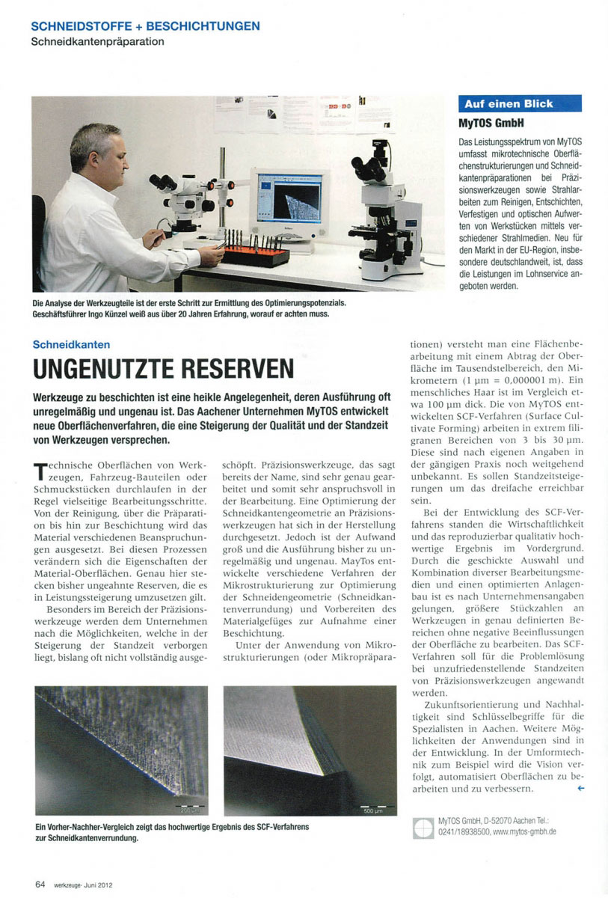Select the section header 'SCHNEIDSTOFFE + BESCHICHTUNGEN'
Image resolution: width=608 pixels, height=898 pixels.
[146, 26]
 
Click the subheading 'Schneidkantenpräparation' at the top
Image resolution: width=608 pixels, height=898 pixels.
[97, 42]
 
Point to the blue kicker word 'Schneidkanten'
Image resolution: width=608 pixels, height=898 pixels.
[72, 344]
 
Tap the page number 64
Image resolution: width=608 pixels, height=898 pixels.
[40, 883]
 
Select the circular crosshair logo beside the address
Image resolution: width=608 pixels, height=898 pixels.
[423, 827]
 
